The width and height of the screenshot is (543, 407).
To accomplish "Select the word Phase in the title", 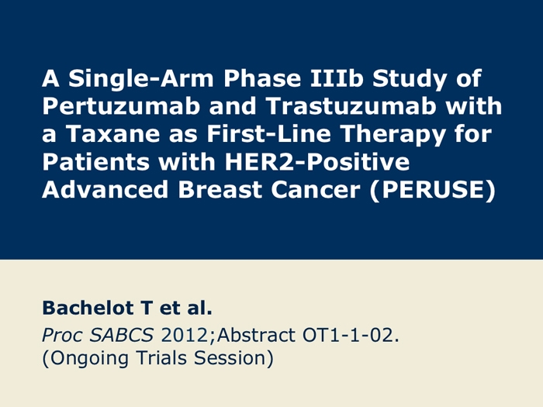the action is click(262, 78).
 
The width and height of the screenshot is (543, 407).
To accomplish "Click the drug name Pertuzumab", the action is click(121, 105).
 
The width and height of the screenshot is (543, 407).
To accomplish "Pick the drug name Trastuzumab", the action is click(351, 105).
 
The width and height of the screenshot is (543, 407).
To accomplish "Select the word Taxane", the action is click(113, 133).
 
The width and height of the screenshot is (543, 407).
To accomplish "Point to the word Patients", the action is click(95, 161).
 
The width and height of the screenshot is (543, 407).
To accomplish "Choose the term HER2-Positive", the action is click(317, 161).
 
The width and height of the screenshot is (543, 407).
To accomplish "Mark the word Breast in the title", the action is click(220, 190).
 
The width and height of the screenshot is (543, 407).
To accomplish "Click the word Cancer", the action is click(316, 190).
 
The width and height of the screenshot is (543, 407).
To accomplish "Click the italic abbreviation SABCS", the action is click(121, 335).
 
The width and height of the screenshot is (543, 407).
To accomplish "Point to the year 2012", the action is click(185, 335).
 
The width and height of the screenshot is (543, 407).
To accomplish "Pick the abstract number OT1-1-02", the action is click(351, 335).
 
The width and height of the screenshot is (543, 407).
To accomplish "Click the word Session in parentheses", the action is click(233, 358).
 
